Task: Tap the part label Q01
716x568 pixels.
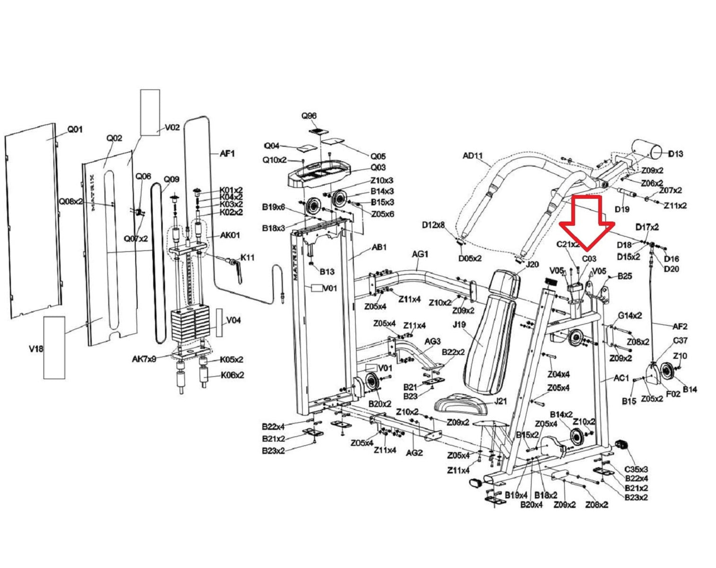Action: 75,129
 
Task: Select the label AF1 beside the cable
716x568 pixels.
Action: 227,154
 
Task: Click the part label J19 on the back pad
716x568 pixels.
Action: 459,325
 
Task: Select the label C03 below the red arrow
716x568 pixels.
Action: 589,259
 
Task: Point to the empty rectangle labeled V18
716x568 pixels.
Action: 54,348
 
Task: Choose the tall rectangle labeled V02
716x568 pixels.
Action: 150,112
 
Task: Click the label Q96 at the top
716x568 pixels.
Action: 309,116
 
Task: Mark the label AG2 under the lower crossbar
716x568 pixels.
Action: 414,453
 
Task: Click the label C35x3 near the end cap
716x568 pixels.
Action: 636,469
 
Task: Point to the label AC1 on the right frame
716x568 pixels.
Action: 621,378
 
